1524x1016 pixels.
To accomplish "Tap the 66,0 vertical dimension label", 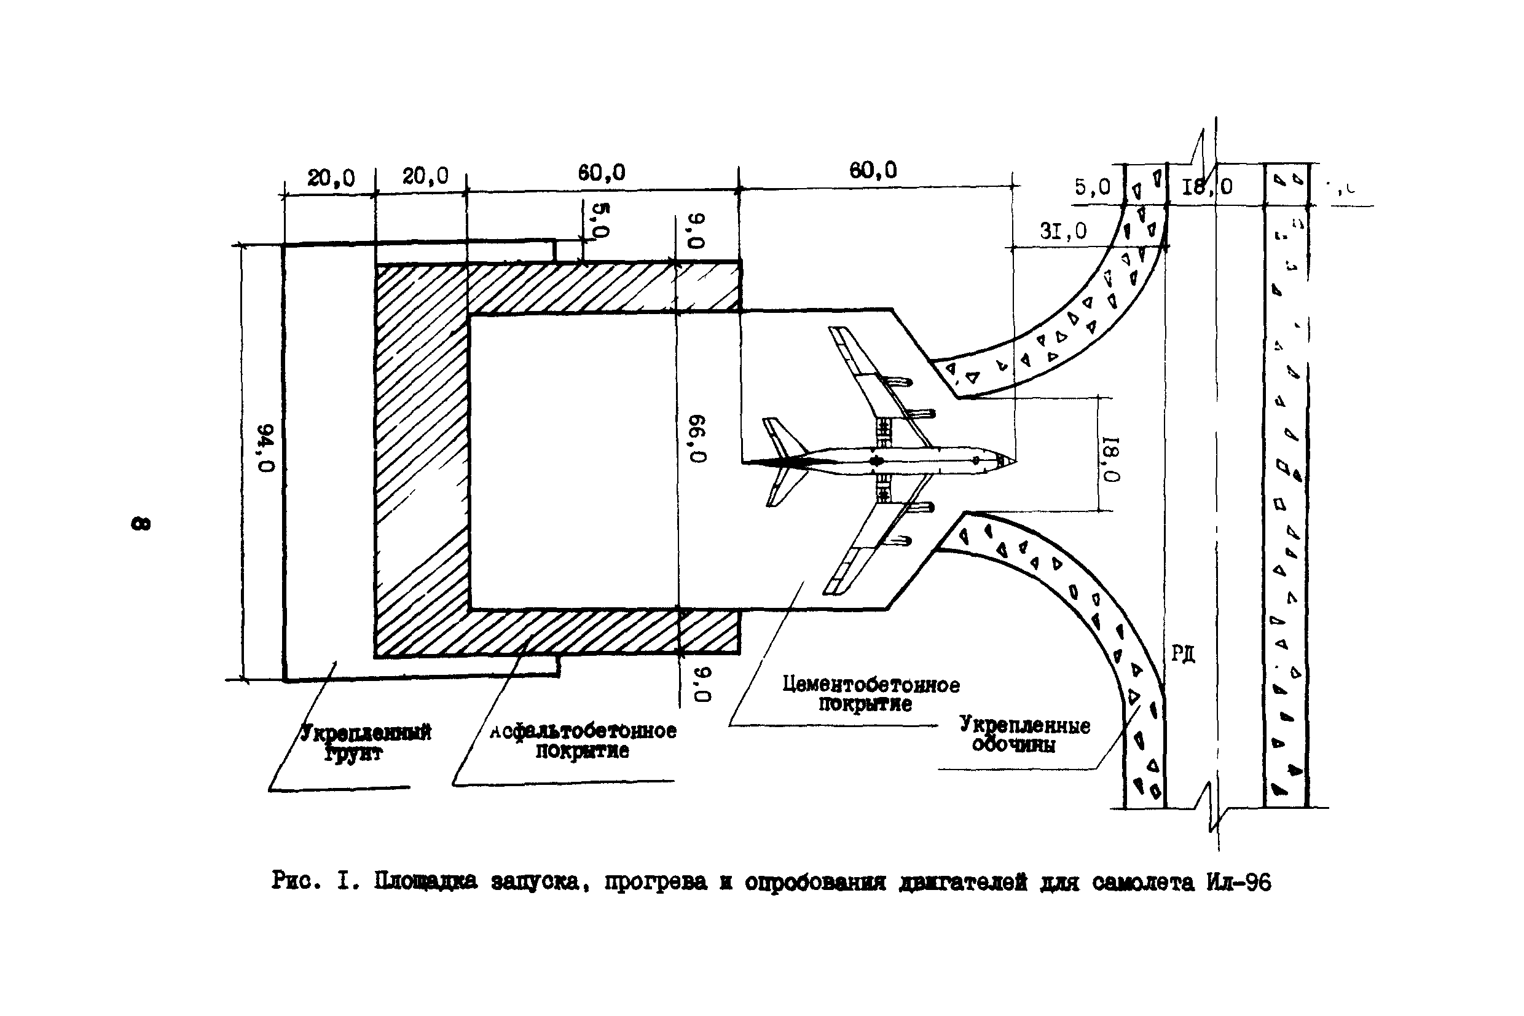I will (697, 439).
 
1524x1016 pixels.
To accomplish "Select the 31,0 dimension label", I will (1063, 230).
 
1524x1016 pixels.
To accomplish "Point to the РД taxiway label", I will (1183, 654).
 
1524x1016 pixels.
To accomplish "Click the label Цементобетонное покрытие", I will (871, 693).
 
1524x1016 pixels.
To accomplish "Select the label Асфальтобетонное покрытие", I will (583, 740).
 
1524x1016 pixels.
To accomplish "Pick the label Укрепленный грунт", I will (365, 742).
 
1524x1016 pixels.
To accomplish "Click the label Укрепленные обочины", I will (1024, 734).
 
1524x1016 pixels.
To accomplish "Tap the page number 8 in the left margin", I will (141, 523).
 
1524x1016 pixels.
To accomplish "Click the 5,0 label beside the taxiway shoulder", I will (1092, 187).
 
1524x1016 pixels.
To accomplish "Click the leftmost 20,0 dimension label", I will (331, 178).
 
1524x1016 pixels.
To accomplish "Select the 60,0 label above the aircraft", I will (873, 170).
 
